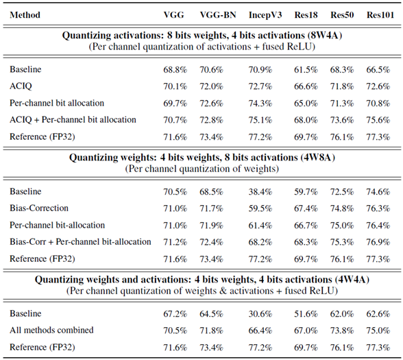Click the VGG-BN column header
point(218,15)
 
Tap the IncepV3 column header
point(265,15)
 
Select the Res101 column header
point(380,15)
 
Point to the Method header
point(25,15)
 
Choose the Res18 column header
point(306,15)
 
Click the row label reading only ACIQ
point(21,86)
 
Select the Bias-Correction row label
point(39,208)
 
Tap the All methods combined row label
point(51,331)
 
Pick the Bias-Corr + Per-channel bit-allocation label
point(80,242)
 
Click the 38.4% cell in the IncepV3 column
point(260,192)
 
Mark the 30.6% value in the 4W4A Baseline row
point(260,314)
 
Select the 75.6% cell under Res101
point(378,120)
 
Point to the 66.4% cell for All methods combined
point(260,331)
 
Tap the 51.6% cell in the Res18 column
point(306,314)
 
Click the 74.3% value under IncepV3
point(260,104)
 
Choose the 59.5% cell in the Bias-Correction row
point(260,208)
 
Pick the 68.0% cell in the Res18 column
point(306,120)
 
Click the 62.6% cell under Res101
point(378,314)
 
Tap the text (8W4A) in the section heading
point(326,35)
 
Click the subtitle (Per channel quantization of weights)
point(202,169)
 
